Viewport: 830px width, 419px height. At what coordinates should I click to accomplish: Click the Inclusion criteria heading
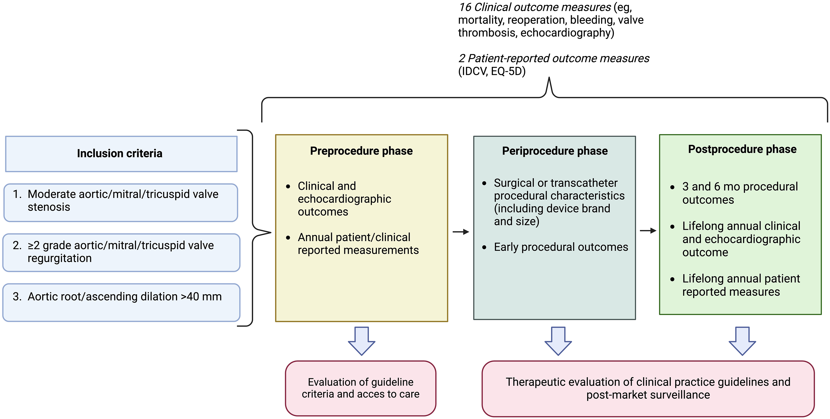click(x=119, y=153)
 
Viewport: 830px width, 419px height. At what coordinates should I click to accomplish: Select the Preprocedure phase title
click(x=361, y=151)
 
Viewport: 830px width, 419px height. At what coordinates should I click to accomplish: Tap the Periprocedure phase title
click(x=555, y=151)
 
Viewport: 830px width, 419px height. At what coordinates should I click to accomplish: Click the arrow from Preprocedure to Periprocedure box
click(x=461, y=232)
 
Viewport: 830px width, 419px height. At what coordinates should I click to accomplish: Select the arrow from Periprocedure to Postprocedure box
click(x=648, y=231)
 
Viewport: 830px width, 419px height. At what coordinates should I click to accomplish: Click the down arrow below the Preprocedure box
click(x=362, y=341)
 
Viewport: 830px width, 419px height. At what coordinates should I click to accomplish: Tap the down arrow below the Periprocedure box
click(x=558, y=341)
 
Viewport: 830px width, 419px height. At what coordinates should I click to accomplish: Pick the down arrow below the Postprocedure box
click(x=742, y=341)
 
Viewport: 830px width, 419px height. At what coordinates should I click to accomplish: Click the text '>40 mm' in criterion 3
click(x=201, y=297)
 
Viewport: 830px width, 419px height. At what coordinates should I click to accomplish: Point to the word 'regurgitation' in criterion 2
click(x=60, y=259)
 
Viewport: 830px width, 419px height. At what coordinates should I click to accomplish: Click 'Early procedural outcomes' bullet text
click(x=561, y=247)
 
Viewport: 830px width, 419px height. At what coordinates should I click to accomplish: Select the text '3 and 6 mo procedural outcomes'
click(x=740, y=193)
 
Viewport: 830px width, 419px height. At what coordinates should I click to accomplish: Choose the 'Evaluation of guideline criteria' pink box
click(x=361, y=388)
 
